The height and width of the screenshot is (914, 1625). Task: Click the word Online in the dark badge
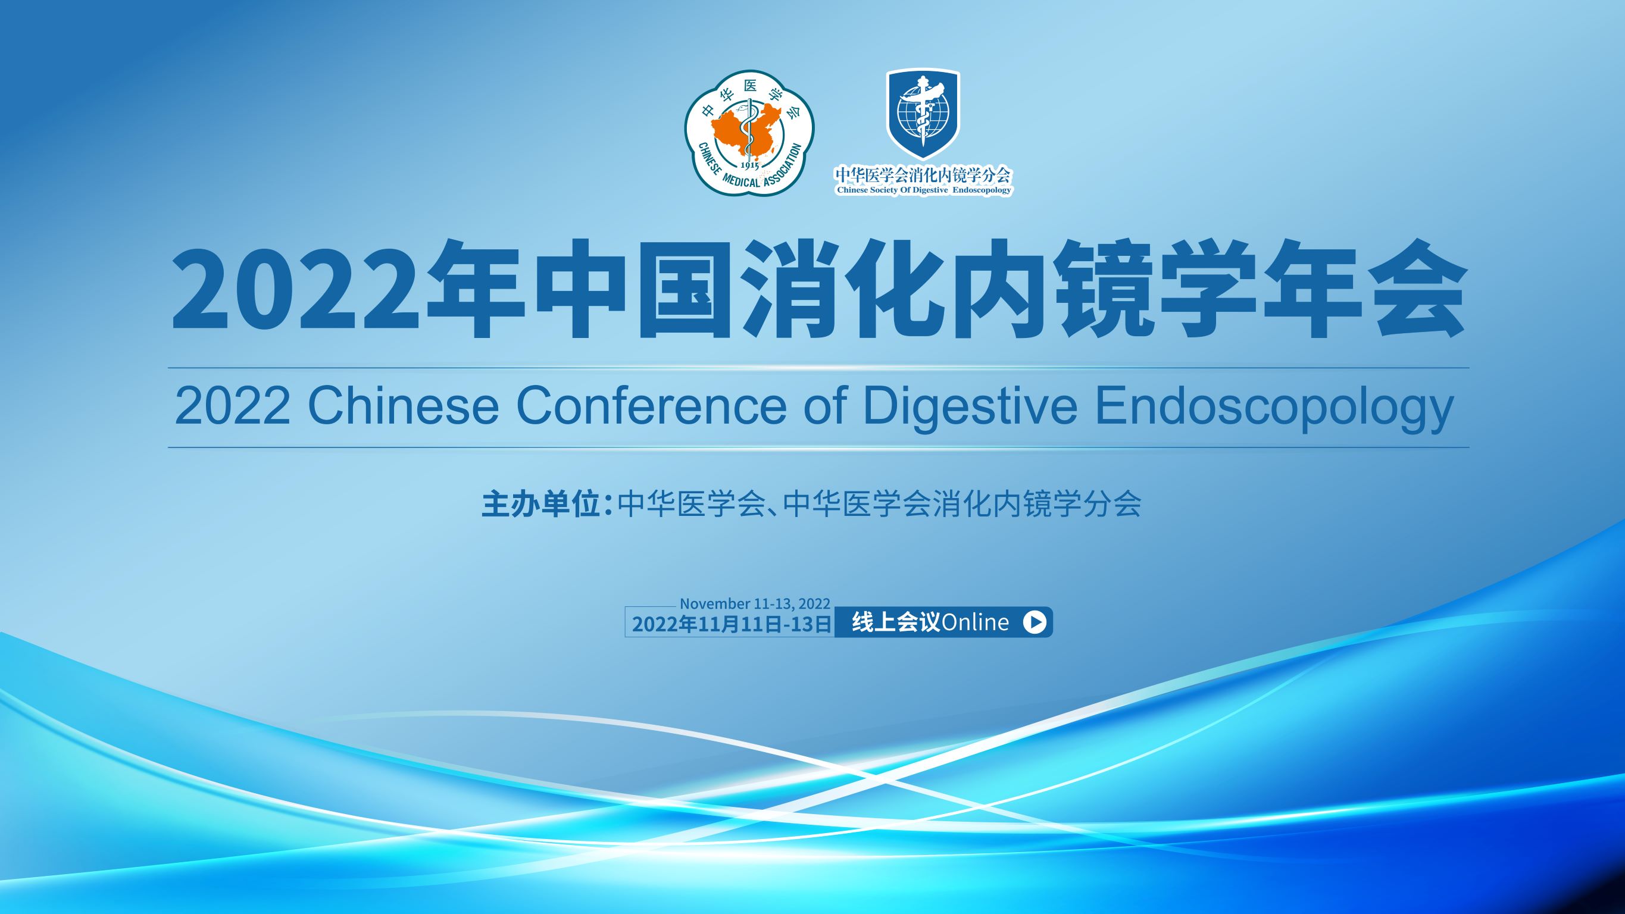pyautogui.click(x=974, y=622)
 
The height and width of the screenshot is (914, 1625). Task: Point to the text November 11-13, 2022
pyautogui.click(x=755, y=603)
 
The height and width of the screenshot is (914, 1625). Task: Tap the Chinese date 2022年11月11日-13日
pyautogui.click(x=732, y=624)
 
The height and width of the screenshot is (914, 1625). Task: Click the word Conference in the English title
pyautogui.click(x=651, y=408)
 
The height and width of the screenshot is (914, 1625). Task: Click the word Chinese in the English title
pyautogui.click(x=403, y=408)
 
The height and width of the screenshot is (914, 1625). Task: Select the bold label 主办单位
pyautogui.click(x=540, y=505)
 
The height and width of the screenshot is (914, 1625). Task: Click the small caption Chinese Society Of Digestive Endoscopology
pyautogui.click(x=924, y=190)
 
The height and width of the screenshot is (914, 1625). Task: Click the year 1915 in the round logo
pyautogui.click(x=749, y=165)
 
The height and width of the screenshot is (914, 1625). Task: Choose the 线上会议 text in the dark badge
pyautogui.click(x=896, y=622)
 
